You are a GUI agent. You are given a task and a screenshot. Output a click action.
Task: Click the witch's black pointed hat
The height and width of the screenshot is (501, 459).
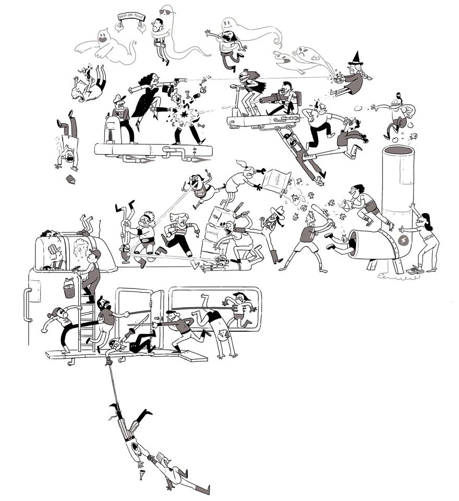[357, 58]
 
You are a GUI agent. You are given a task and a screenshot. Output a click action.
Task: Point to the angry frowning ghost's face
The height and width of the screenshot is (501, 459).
[303, 53]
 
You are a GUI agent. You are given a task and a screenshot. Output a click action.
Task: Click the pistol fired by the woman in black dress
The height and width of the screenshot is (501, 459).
[180, 80]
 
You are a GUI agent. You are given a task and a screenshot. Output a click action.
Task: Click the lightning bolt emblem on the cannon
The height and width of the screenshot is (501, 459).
[403, 241]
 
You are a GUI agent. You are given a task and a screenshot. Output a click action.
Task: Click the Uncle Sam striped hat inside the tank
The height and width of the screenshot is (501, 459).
[54, 249]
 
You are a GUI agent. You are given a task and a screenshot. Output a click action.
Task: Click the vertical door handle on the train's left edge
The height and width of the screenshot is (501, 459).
[24, 308]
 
